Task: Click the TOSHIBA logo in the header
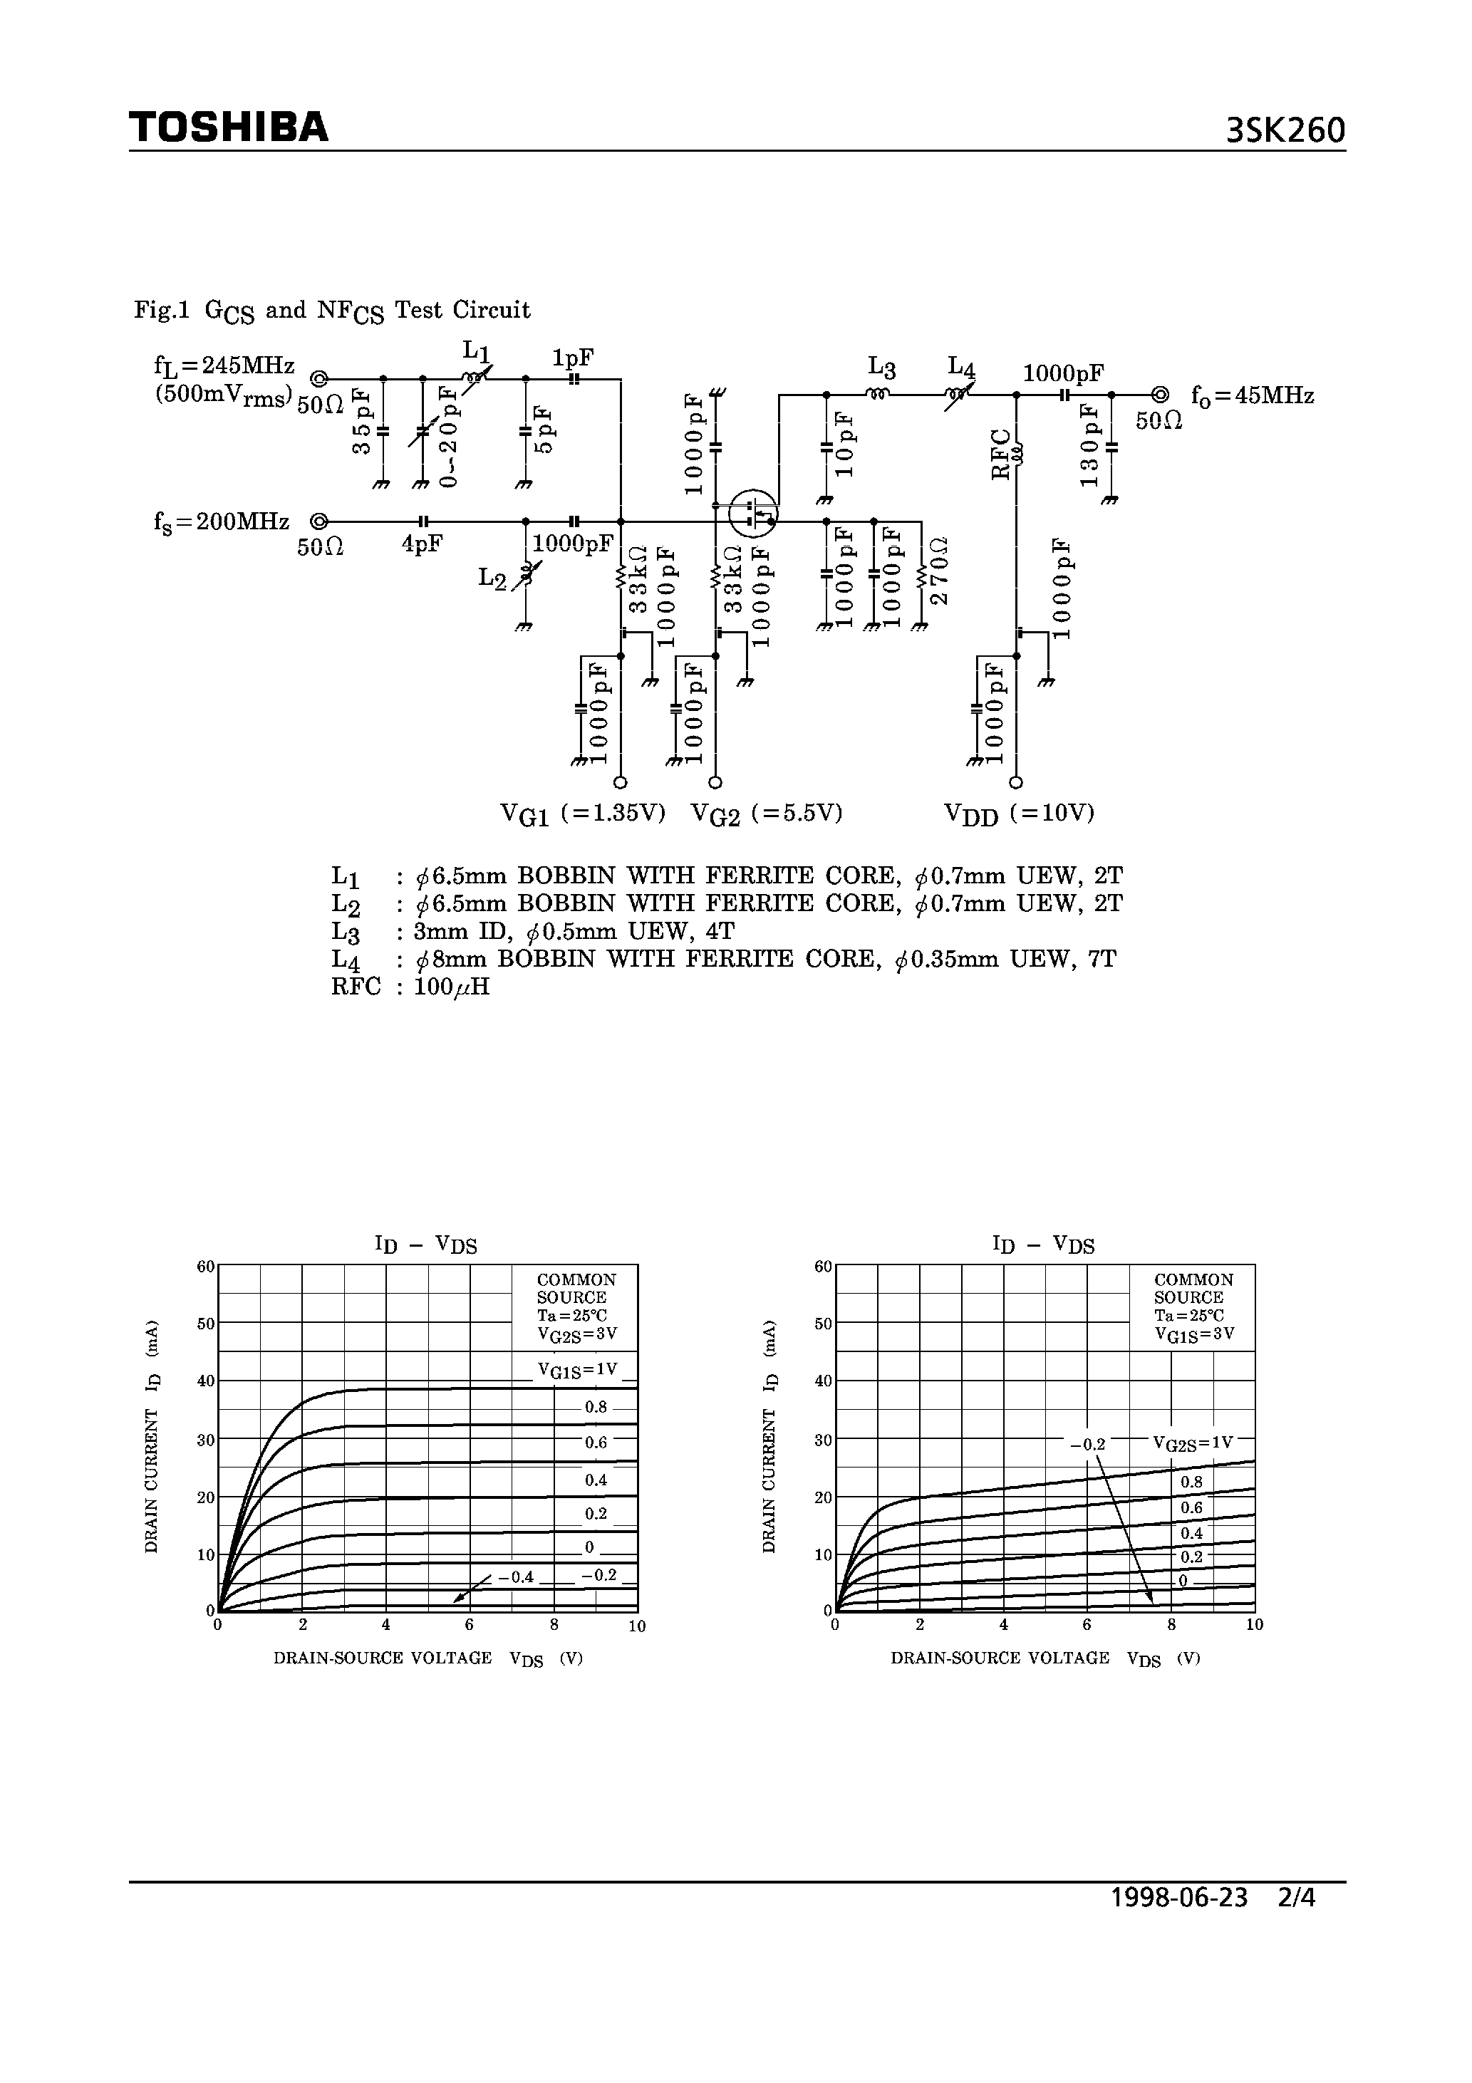tap(229, 128)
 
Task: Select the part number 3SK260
tap(1285, 132)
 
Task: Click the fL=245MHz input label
tap(224, 365)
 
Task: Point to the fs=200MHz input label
tap(222, 523)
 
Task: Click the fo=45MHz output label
tap(1253, 397)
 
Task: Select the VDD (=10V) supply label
tap(1019, 814)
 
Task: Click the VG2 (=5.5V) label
tap(767, 814)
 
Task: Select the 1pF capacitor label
tap(574, 358)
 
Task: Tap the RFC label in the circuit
tap(1001, 454)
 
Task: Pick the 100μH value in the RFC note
tap(451, 987)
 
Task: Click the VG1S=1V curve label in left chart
tap(577, 1370)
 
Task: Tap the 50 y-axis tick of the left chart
tap(206, 1324)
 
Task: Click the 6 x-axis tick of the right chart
tap(1087, 1625)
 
